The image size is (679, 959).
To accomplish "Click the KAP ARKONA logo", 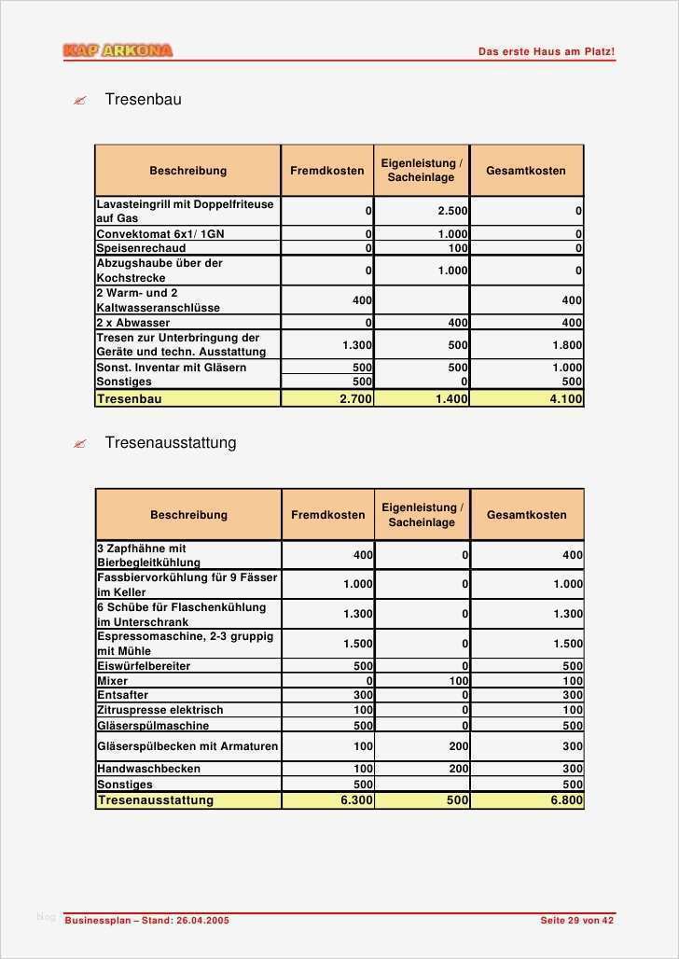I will pos(118,50).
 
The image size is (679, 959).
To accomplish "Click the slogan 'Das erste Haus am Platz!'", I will pos(546,52).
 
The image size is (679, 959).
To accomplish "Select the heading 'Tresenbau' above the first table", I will pos(143,99).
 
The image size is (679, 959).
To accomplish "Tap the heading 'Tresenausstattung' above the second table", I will pos(170,442).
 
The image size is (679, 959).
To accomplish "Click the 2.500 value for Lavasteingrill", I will pos(452,211).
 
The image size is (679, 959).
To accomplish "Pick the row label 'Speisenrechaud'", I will pos(141,248).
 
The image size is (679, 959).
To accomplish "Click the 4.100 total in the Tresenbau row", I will pos(565,398).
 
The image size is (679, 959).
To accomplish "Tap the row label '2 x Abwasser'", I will pos(133,323).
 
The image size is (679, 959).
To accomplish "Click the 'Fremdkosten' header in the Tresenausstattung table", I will pos(328,515).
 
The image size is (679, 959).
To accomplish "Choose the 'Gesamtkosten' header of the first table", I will pos(526,171).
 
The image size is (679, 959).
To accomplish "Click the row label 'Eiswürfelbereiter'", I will pos(144,666).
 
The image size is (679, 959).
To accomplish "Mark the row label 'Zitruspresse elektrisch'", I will pos(160,710).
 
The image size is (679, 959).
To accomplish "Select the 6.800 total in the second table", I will pos(566,800).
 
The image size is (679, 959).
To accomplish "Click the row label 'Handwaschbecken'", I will pos(148,769).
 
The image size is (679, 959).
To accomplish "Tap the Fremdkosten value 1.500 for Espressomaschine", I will pos(357,644).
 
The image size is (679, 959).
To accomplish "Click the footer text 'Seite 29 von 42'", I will pos(577,921).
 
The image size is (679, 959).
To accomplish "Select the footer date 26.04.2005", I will pos(201,921).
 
